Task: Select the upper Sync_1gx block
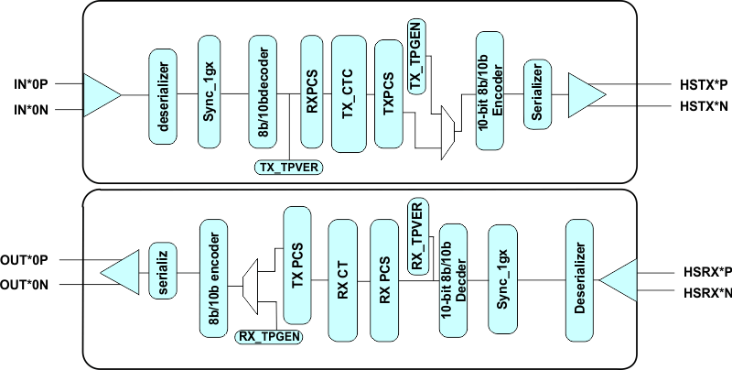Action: [212, 91]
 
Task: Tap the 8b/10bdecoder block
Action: [263, 91]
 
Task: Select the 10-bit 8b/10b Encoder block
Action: [492, 91]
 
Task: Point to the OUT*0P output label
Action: [37, 259]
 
